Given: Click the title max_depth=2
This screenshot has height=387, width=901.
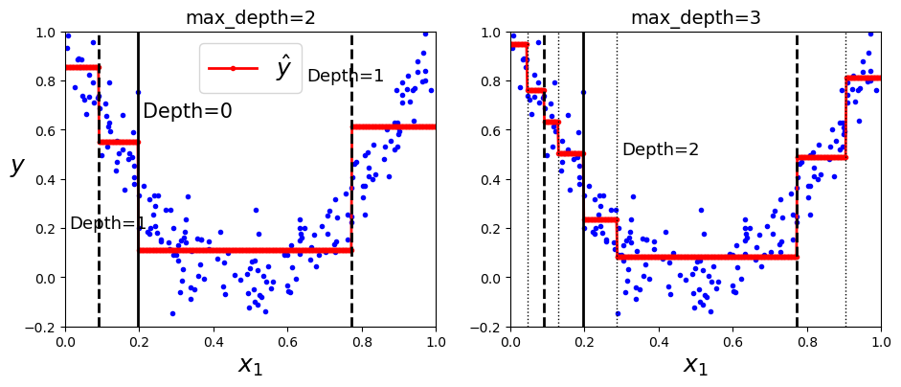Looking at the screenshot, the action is click(x=251, y=18).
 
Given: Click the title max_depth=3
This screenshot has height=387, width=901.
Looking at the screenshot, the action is click(x=696, y=18).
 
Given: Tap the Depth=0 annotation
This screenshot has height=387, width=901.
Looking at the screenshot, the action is click(x=188, y=110).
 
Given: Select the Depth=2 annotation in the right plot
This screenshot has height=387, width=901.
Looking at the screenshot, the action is click(x=661, y=149).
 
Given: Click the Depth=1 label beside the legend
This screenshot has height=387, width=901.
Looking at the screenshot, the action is click(x=346, y=76).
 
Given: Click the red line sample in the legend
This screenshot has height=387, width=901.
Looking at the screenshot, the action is click(x=233, y=68).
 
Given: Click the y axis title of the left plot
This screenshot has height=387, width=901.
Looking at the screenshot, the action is click(x=18, y=165).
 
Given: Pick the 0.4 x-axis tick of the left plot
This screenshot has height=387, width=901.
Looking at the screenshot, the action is click(x=214, y=340).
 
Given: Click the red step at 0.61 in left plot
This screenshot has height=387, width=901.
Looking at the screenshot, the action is click(x=394, y=126).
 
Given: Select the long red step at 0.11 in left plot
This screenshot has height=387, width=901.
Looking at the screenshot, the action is click(x=245, y=250).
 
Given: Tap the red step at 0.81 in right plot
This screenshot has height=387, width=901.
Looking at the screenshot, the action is click(x=863, y=78).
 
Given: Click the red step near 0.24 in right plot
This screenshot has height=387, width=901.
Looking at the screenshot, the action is click(x=600, y=219).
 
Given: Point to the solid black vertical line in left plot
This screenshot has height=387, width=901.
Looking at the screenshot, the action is click(x=139, y=179).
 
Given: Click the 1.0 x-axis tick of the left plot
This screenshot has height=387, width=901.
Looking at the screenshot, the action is click(x=436, y=340).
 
